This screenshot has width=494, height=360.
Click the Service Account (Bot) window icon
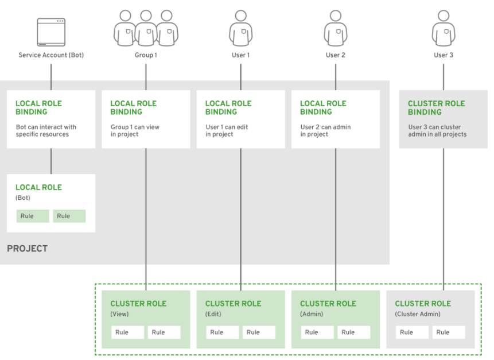point(51,32)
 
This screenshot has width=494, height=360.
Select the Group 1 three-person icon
point(146,29)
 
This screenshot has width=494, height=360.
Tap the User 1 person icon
point(240,29)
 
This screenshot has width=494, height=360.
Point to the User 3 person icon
point(443,29)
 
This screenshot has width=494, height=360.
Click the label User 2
point(336,55)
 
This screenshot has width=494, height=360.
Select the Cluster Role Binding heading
point(436,108)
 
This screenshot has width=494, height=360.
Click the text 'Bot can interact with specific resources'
point(46,131)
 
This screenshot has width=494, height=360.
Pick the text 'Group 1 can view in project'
point(135,131)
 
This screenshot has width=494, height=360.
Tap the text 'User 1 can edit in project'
point(228,131)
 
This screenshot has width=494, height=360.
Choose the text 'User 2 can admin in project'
point(325,131)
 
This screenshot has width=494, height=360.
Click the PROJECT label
point(27,249)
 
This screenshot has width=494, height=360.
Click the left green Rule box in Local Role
point(33,216)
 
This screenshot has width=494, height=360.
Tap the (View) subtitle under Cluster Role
point(119,314)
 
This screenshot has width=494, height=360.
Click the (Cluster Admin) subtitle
point(417,314)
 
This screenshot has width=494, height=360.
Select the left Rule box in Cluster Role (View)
point(127,332)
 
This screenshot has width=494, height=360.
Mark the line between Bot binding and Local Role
point(51,161)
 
